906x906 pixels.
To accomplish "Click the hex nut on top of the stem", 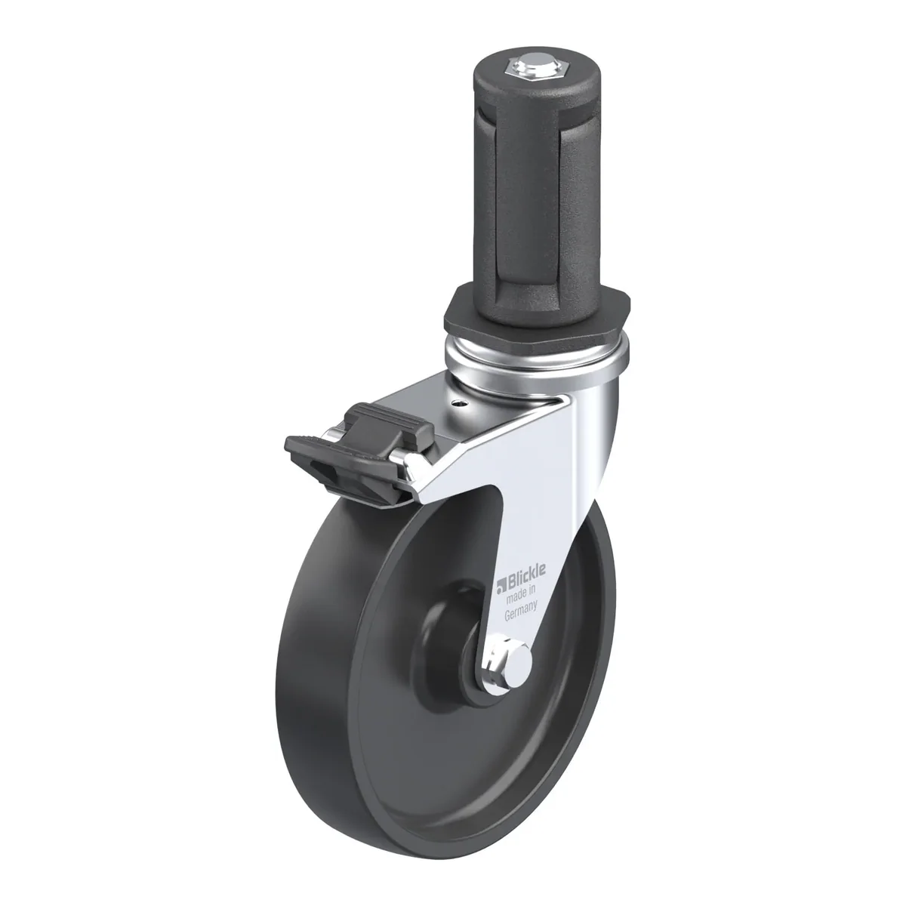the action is tap(537, 69).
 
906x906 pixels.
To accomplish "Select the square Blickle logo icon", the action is tap(501, 584).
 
